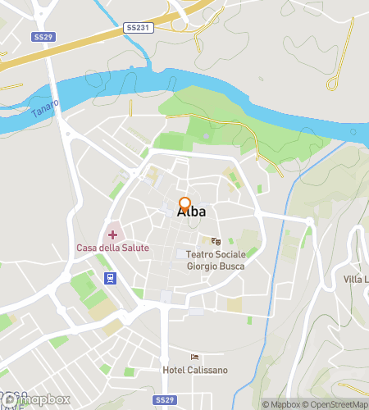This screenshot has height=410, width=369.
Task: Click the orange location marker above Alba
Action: pyautogui.click(x=184, y=204)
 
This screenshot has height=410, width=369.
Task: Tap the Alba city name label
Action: pyautogui.click(x=191, y=212)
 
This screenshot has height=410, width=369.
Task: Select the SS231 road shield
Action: pyautogui.click(x=137, y=28)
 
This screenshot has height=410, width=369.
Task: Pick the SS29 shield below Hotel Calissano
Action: pyautogui.click(x=165, y=399)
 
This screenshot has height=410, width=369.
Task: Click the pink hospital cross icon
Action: pyautogui.click(x=112, y=235)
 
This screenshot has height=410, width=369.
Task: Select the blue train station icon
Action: pyautogui.click(x=108, y=277)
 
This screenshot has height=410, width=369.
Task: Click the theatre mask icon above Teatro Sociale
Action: pyautogui.click(x=216, y=241)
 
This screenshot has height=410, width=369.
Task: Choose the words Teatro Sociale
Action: pyautogui.click(x=216, y=255)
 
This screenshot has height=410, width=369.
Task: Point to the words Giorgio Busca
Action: pyautogui.click(x=216, y=266)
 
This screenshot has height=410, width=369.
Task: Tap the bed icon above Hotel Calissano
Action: pyautogui.click(x=194, y=356)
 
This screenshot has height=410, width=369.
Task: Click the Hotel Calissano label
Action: pyautogui.click(x=195, y=370)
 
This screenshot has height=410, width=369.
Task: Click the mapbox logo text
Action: pyautogui.click(x=41, y=399)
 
